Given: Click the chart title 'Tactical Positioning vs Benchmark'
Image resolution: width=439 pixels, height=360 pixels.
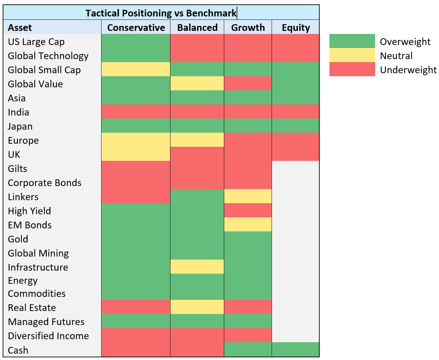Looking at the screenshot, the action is point(161,13).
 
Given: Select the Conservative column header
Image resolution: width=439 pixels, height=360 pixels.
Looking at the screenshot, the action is point(136,28).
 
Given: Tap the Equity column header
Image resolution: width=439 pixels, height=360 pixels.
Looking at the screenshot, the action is point(295,28).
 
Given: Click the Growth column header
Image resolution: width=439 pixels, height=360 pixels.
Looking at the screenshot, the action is point(248,28).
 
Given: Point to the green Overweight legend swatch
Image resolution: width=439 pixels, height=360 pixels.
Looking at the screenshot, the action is point(352,41).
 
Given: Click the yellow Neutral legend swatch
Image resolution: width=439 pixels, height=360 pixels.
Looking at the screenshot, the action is point(352,55).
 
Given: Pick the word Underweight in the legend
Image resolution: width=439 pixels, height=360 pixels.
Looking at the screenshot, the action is point(408,70).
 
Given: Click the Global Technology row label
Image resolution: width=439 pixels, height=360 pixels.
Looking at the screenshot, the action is point(48,56).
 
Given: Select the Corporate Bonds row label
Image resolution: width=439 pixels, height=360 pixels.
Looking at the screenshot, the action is point(45,183).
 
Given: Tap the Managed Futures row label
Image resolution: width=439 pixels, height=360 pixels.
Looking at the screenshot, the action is point(46,321).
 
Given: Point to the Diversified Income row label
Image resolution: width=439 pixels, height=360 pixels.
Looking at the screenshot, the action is point(48,336).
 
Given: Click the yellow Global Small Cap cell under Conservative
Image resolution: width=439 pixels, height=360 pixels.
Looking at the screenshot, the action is point(136,69).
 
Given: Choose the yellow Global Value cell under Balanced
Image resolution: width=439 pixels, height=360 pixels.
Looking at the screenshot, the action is point(197,83).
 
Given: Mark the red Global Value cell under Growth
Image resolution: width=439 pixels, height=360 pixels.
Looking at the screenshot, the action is point(248,83).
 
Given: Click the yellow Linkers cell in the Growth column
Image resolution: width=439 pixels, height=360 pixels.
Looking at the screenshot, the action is point(248,196).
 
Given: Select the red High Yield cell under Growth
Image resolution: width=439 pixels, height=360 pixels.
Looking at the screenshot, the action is point(248,210).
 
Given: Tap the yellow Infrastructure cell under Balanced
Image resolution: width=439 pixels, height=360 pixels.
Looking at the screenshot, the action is point(197,267).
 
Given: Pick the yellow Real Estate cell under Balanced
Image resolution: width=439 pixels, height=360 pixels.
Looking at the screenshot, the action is point(197,307).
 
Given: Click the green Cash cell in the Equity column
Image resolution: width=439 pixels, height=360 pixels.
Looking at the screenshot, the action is point(295,349).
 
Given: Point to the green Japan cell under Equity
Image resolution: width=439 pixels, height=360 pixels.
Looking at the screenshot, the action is point(295,126).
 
